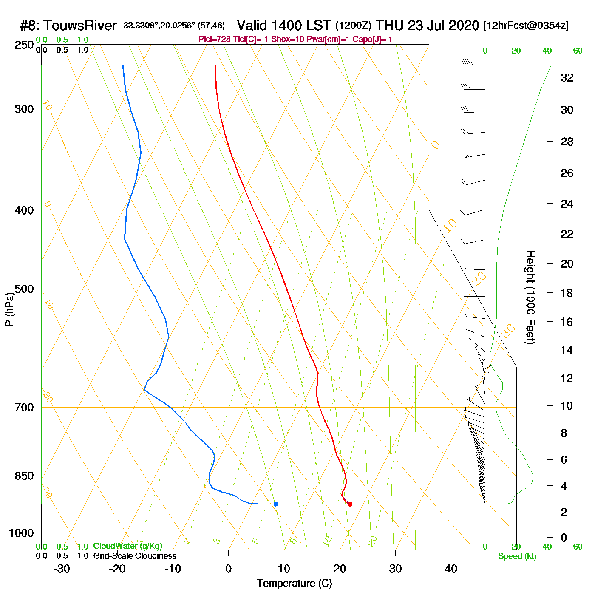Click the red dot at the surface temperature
click(350, 504)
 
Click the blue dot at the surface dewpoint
click(276, 504)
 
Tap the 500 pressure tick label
click(24, 289)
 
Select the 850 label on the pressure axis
click(24, 476)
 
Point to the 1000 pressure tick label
click(21, 533)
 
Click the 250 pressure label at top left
click(24, 45)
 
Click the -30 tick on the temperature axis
click(62, 569)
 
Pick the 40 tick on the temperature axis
click(451, 569)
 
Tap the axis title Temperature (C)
click(294, 584)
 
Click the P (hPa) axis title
click(9, 309)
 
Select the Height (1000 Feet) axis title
click(530, 297)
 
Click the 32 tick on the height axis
click(567, 77)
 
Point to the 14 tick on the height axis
click(567, 351)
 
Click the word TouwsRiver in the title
click(80, 25)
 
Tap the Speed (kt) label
click(517, 556)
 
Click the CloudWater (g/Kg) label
click(127, 546)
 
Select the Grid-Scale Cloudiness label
click(135, 556)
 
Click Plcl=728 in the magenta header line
click(215, 40)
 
